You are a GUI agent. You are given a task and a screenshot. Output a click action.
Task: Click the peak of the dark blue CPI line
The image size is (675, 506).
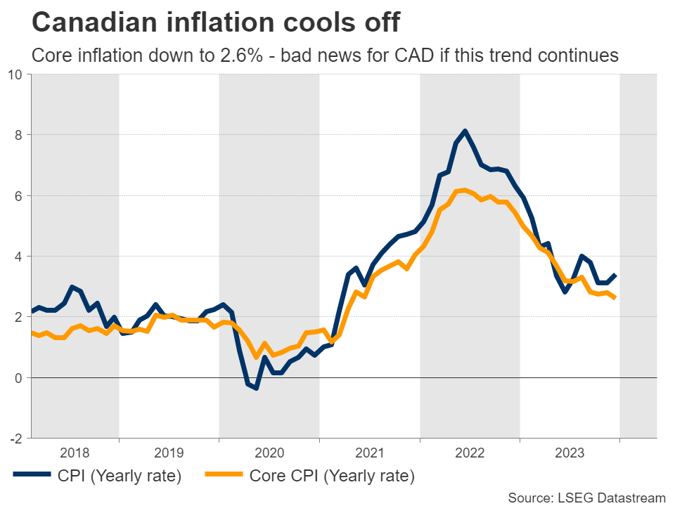pyautogui.click(x=465, y=131)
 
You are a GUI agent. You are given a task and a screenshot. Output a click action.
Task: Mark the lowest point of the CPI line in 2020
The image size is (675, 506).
pyautogui.click(x=257, y=387)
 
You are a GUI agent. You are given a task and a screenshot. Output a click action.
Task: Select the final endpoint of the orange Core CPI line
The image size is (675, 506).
pyautogui.click(x=616, y=298)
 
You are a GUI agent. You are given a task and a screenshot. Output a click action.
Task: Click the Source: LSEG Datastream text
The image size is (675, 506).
pyautogui.click(x=586, y=498)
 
